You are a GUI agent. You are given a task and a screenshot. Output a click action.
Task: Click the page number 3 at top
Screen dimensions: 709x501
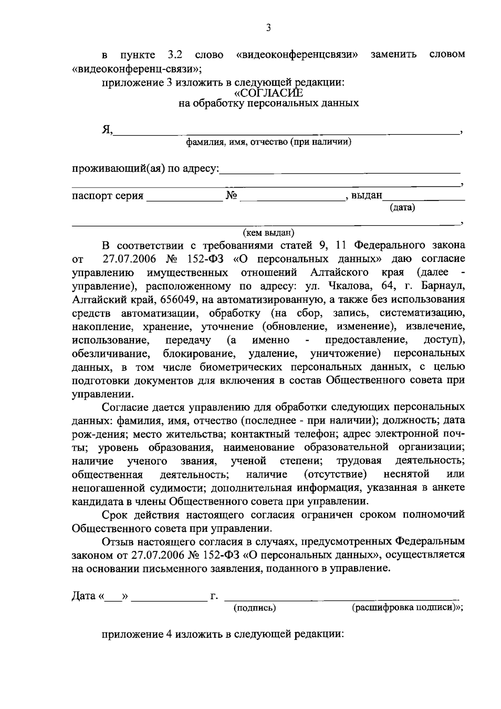pyautogui.click(x=268, y=28)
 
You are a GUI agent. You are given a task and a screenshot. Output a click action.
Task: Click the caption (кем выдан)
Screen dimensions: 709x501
pyautogui.click(x=268, y=232)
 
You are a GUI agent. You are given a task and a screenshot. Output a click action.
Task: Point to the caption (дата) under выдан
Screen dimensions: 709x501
pyautogui.click(x=402, y=207)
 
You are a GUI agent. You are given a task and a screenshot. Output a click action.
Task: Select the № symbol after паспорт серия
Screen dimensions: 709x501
pyautogui.click(x=231, y=195)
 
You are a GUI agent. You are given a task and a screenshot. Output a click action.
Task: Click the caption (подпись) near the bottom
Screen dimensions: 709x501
pyautogui.click(x=254, y=608)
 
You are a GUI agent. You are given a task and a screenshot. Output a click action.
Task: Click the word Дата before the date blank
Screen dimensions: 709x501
pyautogui.click(x=84, y=596)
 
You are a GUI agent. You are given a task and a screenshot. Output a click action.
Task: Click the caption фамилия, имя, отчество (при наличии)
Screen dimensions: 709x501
pyautogui.click(x=268, y=142)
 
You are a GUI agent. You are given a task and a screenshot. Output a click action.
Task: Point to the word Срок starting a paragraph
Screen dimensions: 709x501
pyautogui.click(x=114, y=514)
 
